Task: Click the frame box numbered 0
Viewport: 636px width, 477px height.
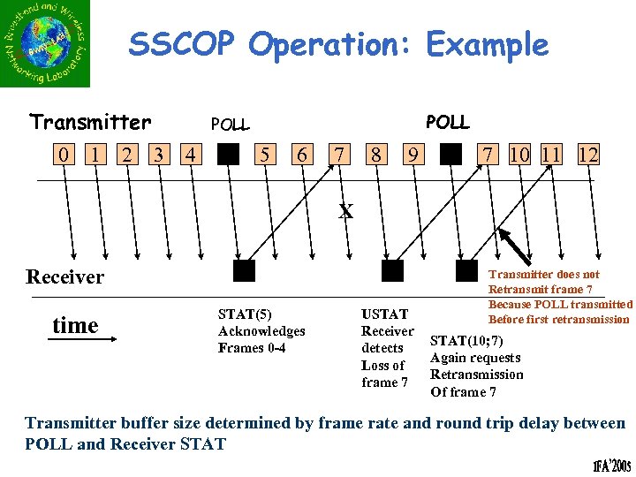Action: tap(63, 156)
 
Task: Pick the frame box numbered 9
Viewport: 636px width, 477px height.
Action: tap(413, 156)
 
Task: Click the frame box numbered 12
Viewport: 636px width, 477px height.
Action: tap(587, 156)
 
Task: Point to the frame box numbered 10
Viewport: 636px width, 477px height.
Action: tap(519, 156)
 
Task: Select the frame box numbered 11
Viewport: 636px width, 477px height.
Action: tap(551, 156)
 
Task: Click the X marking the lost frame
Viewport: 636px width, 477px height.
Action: tap(346, 211)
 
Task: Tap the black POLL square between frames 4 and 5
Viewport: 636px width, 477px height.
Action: tap(228, 156)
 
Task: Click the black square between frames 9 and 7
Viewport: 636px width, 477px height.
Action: tap(450, 156)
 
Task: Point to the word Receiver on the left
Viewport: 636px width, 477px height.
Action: tap(64, 276)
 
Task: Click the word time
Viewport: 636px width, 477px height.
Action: tap(75, 325)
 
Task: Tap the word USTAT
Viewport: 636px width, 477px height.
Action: tap(385, 314)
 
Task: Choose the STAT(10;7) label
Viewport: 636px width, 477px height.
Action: tap(467, 340)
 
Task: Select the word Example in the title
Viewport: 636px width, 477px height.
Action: tap(487, 44)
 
